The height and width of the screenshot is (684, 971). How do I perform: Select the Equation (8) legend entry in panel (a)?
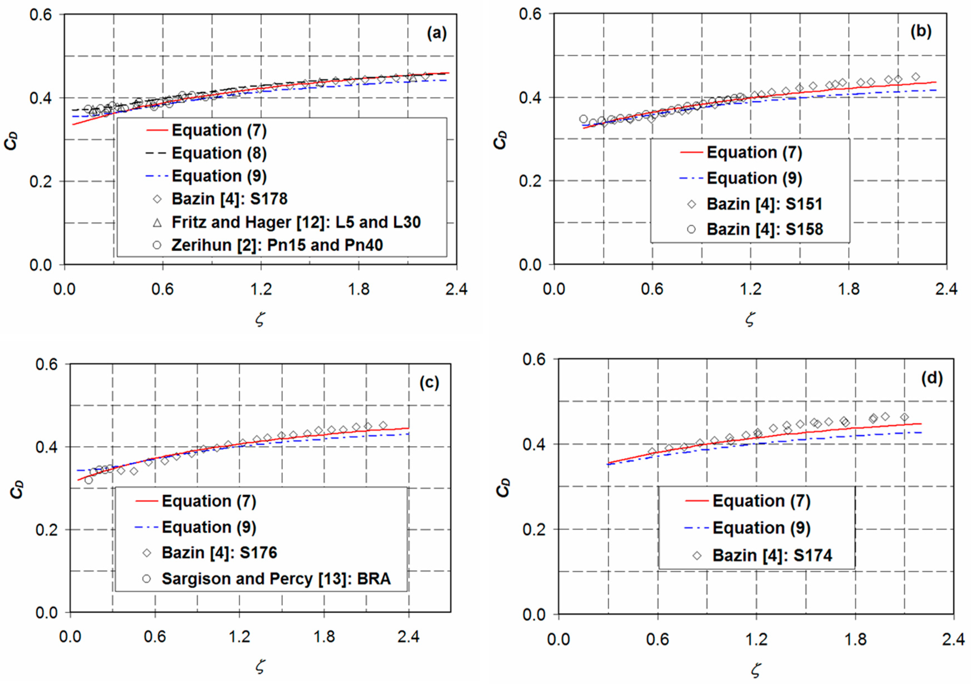click(x=219, y=153)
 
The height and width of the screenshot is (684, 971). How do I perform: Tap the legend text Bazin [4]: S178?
click(x=229, y=199)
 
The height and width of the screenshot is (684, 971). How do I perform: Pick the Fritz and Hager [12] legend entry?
click(x=296, y=222)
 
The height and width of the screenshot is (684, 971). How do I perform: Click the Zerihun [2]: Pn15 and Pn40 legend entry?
click(x=277, y=245)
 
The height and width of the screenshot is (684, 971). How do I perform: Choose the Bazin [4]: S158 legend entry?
click(x=765, y=229)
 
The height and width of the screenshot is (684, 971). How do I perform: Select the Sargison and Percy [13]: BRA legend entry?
click(x=276, y=579)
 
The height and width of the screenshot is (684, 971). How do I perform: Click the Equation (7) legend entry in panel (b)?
click(x=754, y=152)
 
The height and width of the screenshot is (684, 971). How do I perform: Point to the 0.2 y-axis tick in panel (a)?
click(x=40, y=182)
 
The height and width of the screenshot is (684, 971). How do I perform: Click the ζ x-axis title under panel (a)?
click(x=260, y=319)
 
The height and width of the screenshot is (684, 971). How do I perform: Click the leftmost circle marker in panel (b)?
click(x=583, y=119)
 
